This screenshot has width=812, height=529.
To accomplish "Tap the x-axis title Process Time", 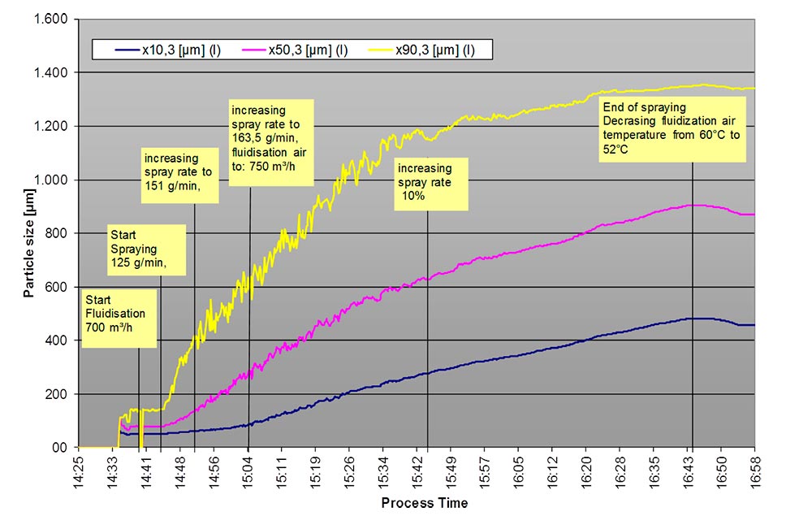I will point(425,503).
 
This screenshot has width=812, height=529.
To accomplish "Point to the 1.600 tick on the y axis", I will point(51,19).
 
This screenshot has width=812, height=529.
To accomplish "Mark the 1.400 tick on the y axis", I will point(51,72).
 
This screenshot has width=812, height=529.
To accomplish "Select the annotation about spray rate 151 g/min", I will point(181,171).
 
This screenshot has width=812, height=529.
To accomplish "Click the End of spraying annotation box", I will point(672,128).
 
